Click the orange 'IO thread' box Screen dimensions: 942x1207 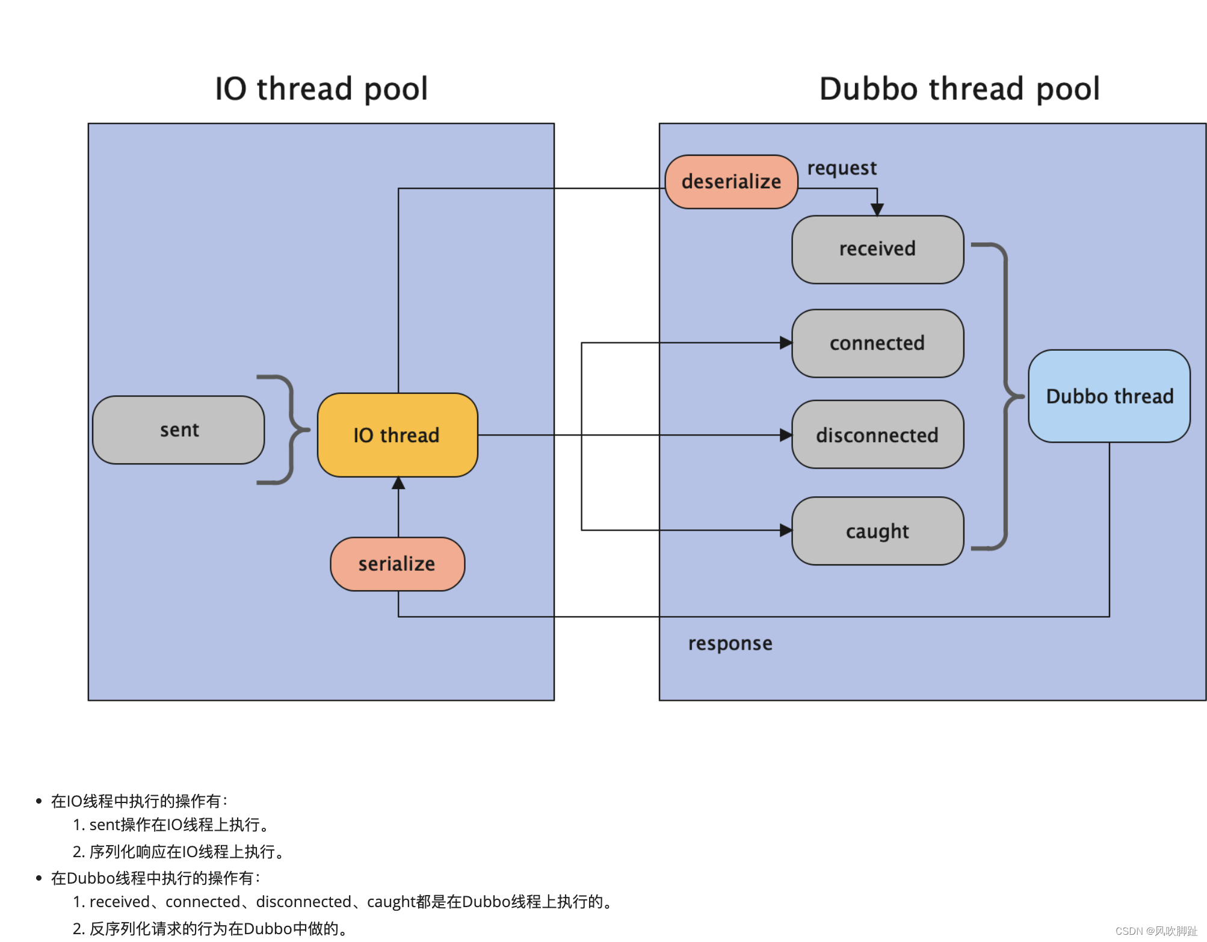pyautogui.click(x=397, y=435)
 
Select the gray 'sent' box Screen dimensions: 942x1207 pyautogui.click(x=179, y=430)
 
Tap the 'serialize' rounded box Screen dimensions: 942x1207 pyautogui.click(x=397, y=564)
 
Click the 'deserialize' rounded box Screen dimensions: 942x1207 pyautogui.click(x=731, y=182)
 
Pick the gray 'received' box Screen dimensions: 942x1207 pyautogui.click(x=877, y=249)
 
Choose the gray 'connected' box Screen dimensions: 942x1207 pyautogui.click(x=877, y=343)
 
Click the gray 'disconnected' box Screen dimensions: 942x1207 pyautogui.click(x=877, y=435)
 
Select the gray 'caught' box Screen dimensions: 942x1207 pyautogui.click(x=877, y=531)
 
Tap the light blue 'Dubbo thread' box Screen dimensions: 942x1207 pyautogui.click(x=1109, y=396)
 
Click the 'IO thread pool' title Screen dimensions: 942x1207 pyautogui.click(x=321, y=89)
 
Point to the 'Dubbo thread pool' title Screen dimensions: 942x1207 pyautogui.click(x=959, y=89)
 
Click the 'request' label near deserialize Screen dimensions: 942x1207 pyautogui.click(x=841, y=168)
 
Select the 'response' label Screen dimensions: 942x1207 pyautogui.click(x=730, y=644)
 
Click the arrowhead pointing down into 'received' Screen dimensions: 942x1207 pyautogui.click(x=877, y=209)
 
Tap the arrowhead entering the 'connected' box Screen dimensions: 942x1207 pyautogui.click(x=786, y=343)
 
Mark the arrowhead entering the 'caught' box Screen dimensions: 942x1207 pyautogui.click(x=786, y=530)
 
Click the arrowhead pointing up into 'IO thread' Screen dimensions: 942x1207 pyautogui.click(x=398, y=484)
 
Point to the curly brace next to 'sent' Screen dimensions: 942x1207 pyautogui.click(x=289, y=429)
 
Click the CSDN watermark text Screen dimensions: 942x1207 pyautogui.click(x=1155, y=931)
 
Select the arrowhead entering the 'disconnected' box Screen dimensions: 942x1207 pyautogui.click(x=786, y=435)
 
